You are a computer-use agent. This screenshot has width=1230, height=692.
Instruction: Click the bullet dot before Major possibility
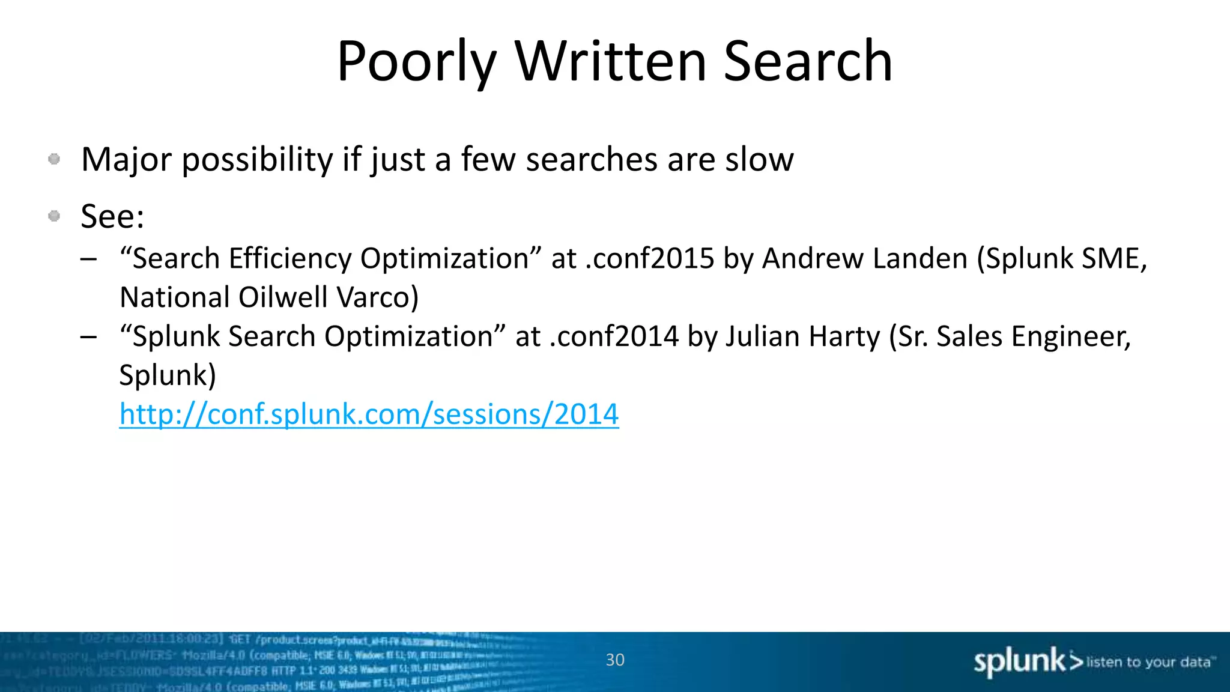(x=54, y=159)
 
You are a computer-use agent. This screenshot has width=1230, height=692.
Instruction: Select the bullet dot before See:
(x=54, y=216)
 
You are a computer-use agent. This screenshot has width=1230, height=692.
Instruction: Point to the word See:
(x=112, y=216)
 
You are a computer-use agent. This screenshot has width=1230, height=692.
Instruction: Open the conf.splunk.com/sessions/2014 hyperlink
(x=369, y=414)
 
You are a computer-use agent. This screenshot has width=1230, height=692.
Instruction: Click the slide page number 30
(x=615, y=660)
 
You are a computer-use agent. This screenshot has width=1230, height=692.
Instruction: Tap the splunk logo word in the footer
(x=1019, y=661)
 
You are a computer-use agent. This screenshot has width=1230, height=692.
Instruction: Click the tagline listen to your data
(x=1148, y=662)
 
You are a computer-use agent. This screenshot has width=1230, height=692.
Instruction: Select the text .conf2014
(x=613, y=336)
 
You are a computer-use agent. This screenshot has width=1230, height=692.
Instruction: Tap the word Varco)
(x=377, y=297)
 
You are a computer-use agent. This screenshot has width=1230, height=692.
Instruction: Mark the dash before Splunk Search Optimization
(x=88, y=337)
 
